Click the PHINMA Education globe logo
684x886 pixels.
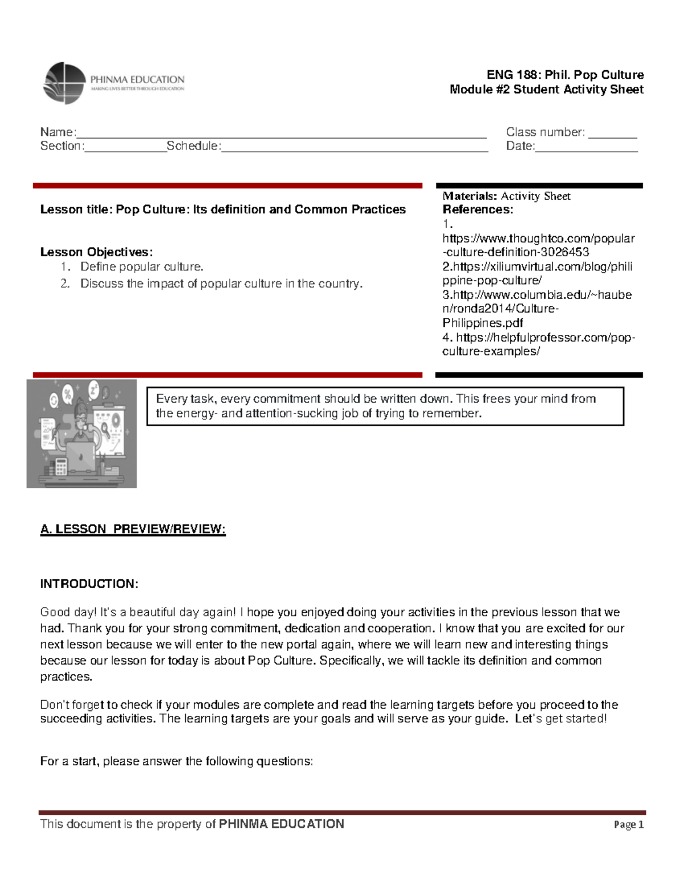(64, 83)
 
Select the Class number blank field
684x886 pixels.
(613, 133)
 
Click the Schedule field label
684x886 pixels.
(193, 146)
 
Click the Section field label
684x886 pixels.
(62, 146)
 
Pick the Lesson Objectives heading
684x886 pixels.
(96, 252)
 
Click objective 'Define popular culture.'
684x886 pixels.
(141, 266)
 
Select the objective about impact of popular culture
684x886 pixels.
(221, 284)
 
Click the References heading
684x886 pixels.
(478, 209)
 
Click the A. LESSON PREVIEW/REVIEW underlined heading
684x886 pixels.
(133, 529)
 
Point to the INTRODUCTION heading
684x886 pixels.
(89, 584)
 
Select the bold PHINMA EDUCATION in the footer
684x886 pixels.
(282, 824)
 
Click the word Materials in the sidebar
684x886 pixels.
(470, 196)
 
